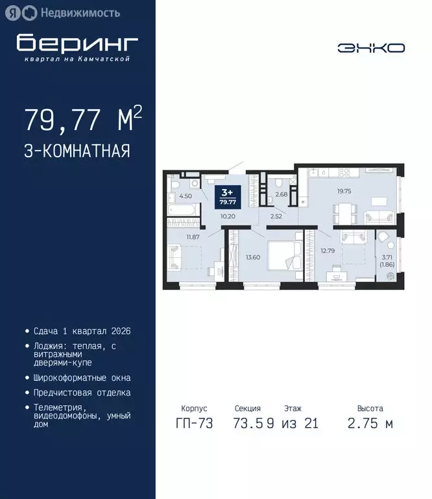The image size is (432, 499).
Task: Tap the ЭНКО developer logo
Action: point(370,48)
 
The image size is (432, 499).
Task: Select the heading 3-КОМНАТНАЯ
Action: point(77,151)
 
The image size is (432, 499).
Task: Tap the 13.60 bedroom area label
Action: point(254,257)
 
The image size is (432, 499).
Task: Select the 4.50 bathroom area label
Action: point(185,196)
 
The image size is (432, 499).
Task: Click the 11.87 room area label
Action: point(193,237)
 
